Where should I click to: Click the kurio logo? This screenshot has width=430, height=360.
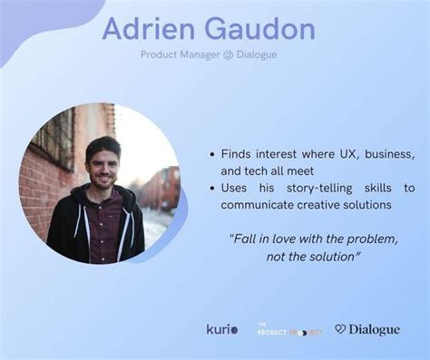tap(222, 329)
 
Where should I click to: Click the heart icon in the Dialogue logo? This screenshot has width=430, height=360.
tap(340, 329)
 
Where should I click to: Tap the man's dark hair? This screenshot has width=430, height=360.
tap(102, 145)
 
